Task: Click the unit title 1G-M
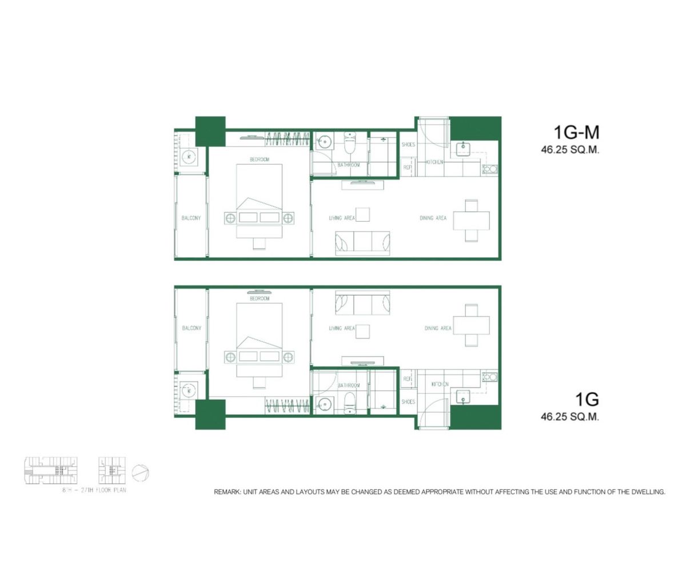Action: click(x=576, y=133)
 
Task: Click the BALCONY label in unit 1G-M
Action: click(x=191, y=218)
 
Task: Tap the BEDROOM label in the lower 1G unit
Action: click(x=259, y=298)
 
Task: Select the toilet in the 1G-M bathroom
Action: click(x=350, y=144)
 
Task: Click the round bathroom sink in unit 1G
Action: click(x=324, y=404)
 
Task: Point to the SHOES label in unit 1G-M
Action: click(x=408, y=145)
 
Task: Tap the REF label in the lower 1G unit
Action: click(x=407, y=378)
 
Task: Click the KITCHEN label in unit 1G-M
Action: click(x=434, y=162)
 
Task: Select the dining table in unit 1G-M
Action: click(x=471, y=220)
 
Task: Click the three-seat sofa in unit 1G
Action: click(x=362, y=303)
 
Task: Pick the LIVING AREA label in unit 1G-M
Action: click(x=342, y=218)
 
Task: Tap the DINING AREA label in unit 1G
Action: click(x=438, y=328)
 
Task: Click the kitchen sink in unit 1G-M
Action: click(x=462, y=149)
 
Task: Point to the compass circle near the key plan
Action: click(x=141, y=473)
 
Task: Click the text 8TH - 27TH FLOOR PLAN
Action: click(x=94, y=491)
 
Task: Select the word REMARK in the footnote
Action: click(x=227, y=492)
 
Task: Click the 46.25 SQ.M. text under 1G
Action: click(x=569, y=417)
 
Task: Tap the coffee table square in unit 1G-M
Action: click(x=362, y=214)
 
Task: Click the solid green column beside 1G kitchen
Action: click(x=476, y=417)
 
